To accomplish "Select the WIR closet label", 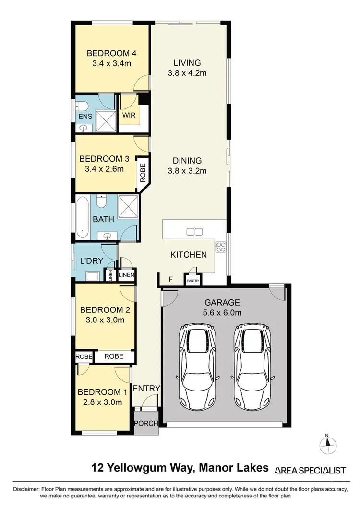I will tap(128, 116).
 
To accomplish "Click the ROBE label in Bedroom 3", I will tap(143, 171).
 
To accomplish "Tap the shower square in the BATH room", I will tap(128, 207).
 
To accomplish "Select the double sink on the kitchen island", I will tap(194, 232).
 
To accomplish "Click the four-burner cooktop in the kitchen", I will tap(221, 247).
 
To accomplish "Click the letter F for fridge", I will tap(169, 279).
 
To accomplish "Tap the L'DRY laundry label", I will tap(89, 261).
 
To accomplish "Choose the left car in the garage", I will tap(197, 366).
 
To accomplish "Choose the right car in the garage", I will tap(252, 366).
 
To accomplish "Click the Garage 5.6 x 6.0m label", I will tap(222, 307).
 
